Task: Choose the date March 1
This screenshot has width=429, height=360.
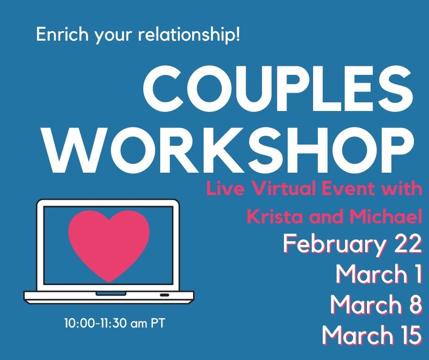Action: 378,274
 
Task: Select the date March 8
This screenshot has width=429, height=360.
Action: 376,305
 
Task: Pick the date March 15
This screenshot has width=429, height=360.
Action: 371,335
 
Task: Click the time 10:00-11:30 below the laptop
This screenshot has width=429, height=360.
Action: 96,324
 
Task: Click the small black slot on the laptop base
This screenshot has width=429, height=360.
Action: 164,295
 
